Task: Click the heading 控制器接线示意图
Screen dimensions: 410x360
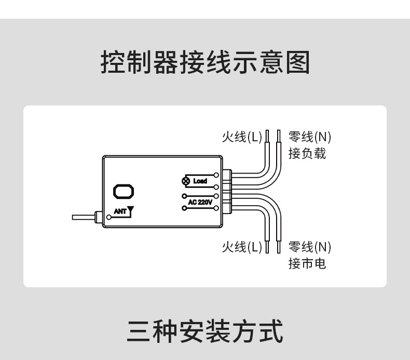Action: pyautogui.click(x=205, y=63)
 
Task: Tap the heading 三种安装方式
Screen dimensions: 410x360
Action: pyautogui.click(x=205, y=331)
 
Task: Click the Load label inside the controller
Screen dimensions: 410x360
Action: pyautogui.click(x=200, y=181)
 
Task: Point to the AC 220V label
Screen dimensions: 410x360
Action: pyautogui.click(x=200, y=202)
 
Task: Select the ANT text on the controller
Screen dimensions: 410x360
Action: pyautogui.click(x=119, y=212)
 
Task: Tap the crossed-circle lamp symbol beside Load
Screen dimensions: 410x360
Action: pyautogui.click(x=185, y=181)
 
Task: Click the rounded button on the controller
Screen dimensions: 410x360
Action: pyautogui.click(x=124, y=191)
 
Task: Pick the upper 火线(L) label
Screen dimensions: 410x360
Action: pyautogui.click(x=242, y=137)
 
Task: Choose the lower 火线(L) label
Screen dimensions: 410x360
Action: pyautogui.click(x=242, y=247)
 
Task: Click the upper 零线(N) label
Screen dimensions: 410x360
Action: pyautogui.click(x=310, y=137)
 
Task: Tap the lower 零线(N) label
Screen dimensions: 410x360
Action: pyautogui.click(x=310, y=247)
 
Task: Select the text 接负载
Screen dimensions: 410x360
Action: pyautogui.click(x=307, y=154)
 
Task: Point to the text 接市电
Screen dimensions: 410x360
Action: pyautogui.click(x=307, y=263)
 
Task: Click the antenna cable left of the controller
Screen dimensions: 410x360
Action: pyautogui.click(x=83, y=217)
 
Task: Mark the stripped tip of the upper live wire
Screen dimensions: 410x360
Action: pyautogui.click(x=267, y=136)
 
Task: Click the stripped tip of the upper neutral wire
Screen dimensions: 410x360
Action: pyautogui.click(x=279, y=136)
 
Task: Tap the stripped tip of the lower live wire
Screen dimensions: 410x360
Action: pyautogui.click(x=267, y=246)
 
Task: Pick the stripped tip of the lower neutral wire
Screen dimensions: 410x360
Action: pyautogui.click(x=279, y=246)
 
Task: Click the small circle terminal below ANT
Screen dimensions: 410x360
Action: pyautogui.click(x=108, y=217)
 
